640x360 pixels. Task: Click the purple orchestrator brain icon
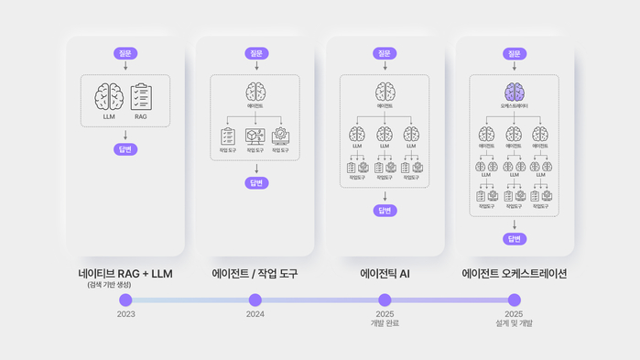click(515, 92)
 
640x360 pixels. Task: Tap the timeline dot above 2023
click(125, 300)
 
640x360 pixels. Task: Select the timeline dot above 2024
click(255, 300)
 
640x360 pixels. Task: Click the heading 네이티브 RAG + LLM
click(125, 273)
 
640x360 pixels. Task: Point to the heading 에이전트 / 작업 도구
click(255, 273)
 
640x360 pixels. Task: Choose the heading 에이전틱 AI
click(385, 273)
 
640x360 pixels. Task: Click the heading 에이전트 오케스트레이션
click(515, 273)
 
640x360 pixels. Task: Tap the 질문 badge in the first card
click(125, 54)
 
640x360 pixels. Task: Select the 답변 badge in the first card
click(125, 148)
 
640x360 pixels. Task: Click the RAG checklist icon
click(141, 97)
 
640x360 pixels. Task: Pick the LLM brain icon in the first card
click(109, 97)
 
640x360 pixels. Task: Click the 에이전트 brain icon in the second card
click(255, 92)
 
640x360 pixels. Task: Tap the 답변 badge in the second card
click(255, 183)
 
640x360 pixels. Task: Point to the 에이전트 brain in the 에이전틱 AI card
click(385, 92)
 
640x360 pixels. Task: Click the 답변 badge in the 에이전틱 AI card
click(385, 211)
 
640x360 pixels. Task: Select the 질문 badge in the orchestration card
click(515, 54)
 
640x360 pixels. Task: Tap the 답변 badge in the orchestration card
click(515, 239)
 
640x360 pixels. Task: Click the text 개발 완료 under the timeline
click(385, 323)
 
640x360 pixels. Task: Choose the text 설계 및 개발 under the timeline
click(515, 323)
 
